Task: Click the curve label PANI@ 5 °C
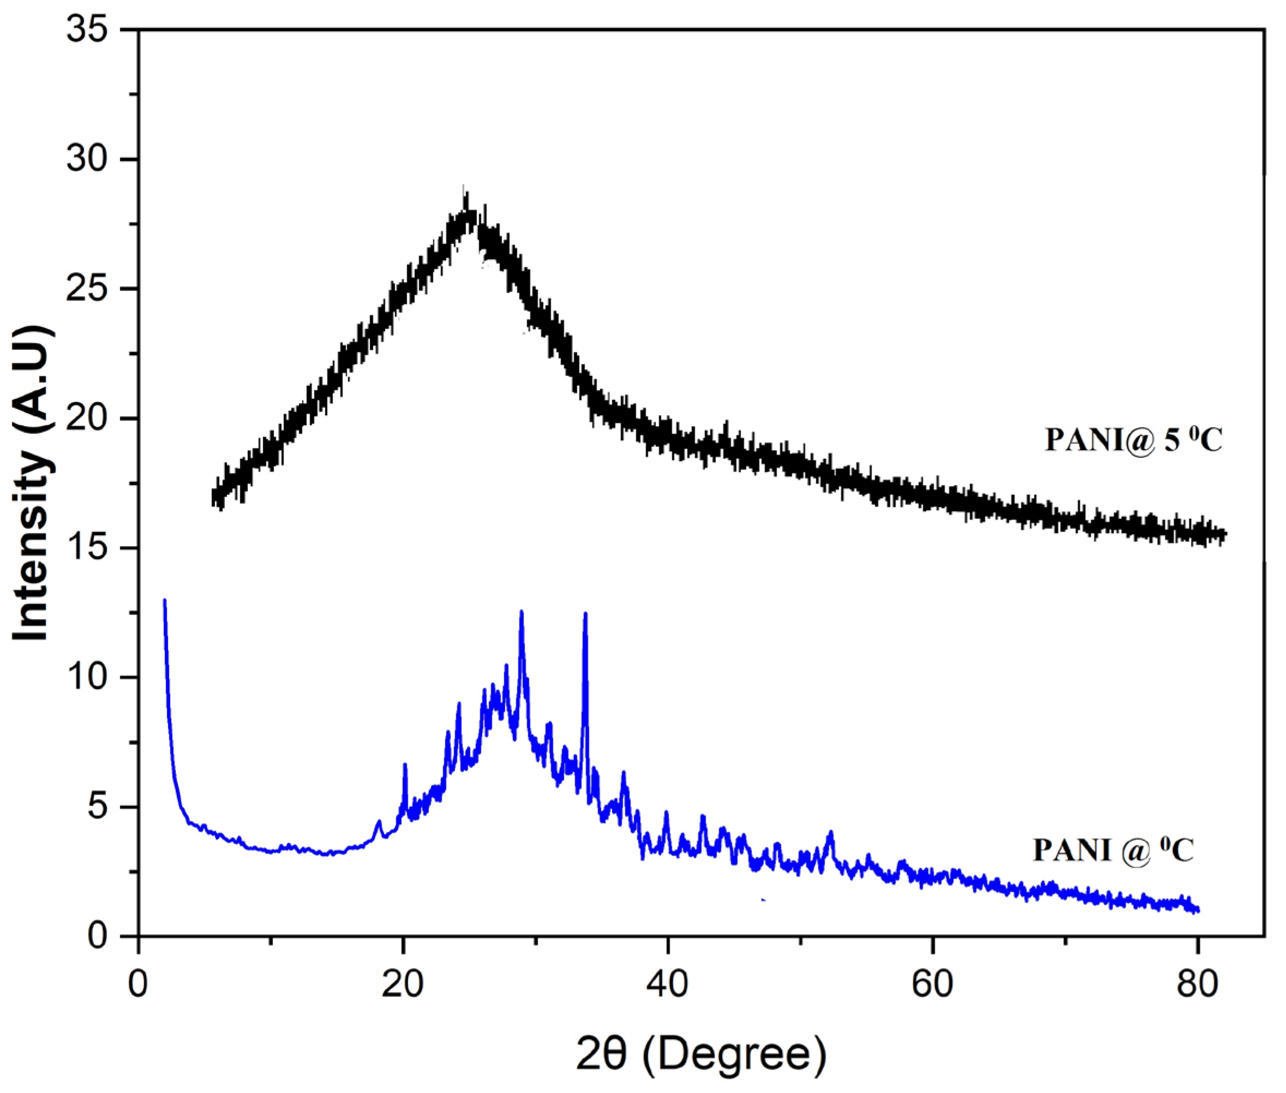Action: coord(1134,440)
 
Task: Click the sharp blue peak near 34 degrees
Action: coord(585,614)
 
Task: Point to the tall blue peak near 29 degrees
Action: coord(522,613)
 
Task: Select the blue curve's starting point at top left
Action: coord(164,600)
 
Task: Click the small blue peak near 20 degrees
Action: coord(404,766)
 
